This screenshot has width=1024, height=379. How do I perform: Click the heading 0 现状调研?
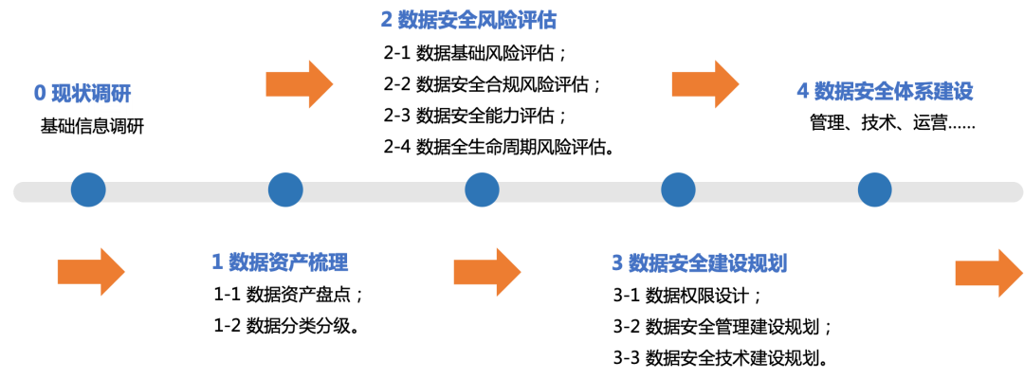[82, 94]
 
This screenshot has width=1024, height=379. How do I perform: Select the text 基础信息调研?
[92, 126]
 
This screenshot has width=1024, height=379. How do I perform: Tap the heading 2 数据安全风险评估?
[469, 20]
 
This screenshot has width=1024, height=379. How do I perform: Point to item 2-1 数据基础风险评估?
[476, 53]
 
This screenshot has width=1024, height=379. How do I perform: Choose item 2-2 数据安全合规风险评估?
[492, 84]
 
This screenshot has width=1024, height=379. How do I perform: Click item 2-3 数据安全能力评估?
[476, 116]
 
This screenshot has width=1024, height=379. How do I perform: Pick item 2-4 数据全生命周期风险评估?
[500, 147]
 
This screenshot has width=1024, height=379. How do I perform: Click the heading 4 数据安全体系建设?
[885, 91]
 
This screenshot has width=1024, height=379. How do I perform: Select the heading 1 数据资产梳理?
[280, 262]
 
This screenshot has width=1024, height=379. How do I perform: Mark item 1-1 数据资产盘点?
[288, 294]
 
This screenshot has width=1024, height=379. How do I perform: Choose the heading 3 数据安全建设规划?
[700, 263]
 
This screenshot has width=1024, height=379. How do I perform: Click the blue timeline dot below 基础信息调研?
[88, 190]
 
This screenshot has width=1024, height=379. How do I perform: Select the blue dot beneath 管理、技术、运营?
[874, 190]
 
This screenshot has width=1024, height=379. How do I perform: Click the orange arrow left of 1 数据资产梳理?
[91, 271]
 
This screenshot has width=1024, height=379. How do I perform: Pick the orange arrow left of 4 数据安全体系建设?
[705, 84]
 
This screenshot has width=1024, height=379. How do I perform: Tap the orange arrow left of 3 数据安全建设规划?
[487, 271]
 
